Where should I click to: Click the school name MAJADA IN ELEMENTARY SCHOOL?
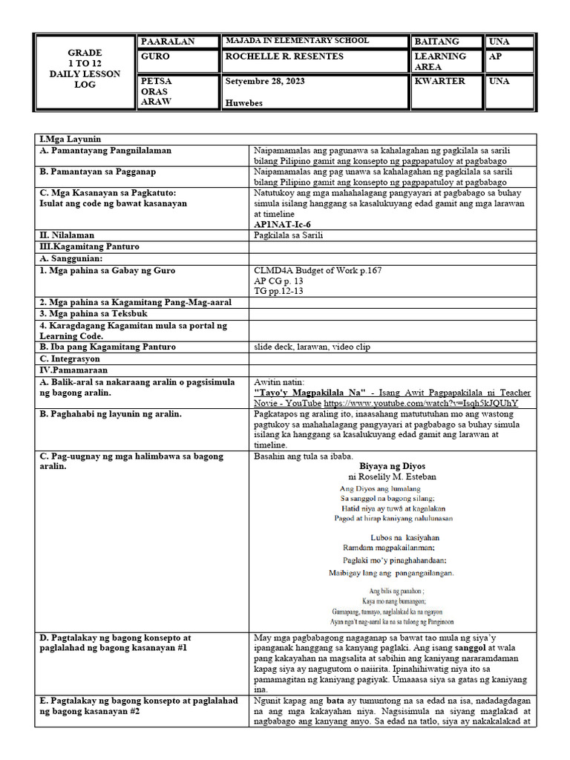296,41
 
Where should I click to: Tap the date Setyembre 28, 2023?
263,81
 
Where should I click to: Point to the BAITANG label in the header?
436,42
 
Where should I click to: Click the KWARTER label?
439,81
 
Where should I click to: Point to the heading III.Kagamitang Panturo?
90,246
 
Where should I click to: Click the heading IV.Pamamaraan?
73,369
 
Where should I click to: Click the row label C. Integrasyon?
75,358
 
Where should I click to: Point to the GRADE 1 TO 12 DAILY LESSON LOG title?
85,69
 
